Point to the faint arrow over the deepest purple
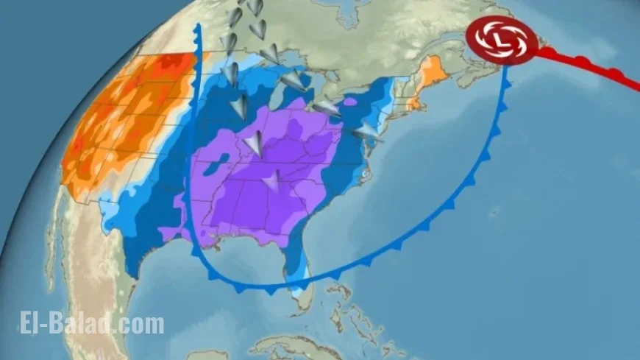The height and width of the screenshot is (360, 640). (x=272, y=180)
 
